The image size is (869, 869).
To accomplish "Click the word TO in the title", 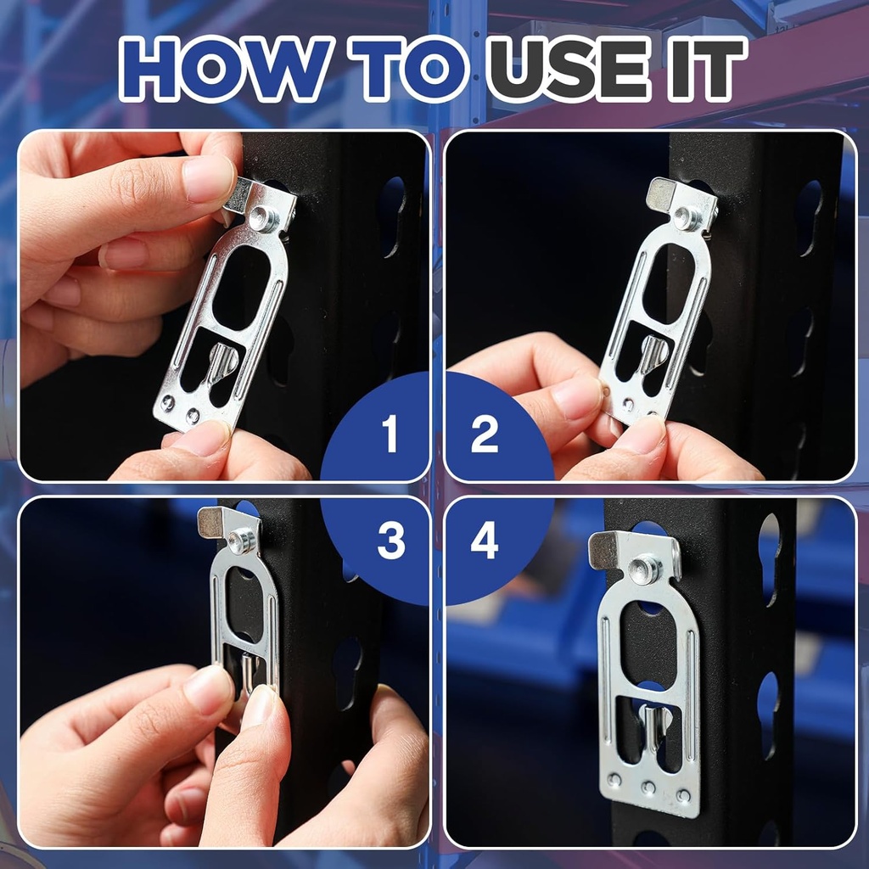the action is point(408,70).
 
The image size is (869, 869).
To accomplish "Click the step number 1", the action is point(390,434).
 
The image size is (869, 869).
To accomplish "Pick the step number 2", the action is point(485,434).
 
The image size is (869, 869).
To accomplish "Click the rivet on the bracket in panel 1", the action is point(261,218).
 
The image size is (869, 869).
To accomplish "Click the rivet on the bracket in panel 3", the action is point(242,541).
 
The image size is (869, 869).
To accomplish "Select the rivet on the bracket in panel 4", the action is point(645,569).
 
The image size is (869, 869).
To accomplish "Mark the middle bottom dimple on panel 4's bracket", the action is point(648,787).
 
